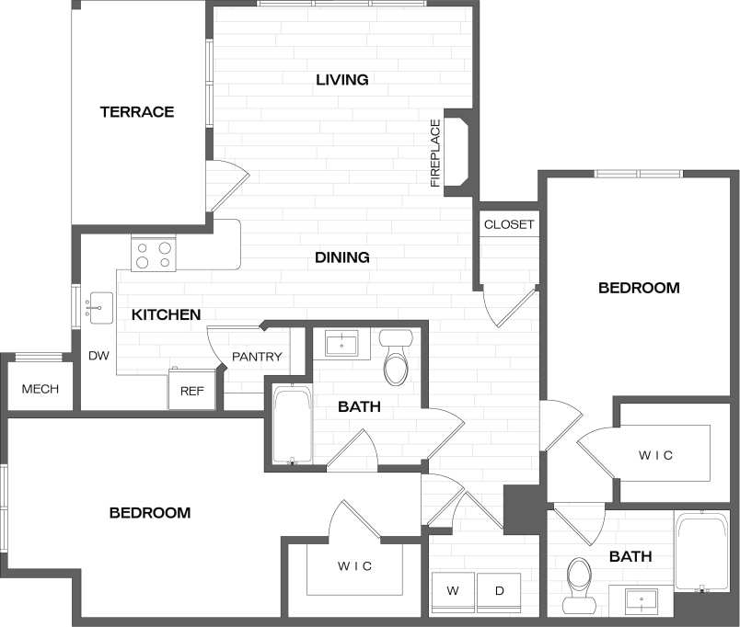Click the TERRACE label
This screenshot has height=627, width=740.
point(137,112)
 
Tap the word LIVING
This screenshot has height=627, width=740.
point(342,80)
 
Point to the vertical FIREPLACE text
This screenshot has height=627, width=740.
point(436,153)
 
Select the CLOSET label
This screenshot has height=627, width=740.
point(509,224)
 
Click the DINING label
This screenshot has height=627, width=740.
point(342,257)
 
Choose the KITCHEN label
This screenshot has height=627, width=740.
point(166,314)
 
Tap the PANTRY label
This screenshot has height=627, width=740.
point(256,357)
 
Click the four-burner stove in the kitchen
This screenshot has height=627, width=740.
point(154,253)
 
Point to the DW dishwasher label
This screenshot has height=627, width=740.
point(98,356)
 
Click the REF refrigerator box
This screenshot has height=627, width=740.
point(191,391)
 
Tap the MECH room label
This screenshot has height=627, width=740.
point(40,389)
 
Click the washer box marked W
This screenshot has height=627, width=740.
point(453,591)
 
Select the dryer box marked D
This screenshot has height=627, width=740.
point(499,591)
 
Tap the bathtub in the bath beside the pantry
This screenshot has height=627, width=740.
point(293,426)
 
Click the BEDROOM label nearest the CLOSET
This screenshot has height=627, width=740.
point(639,288)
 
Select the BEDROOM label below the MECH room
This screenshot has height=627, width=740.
point(150,512)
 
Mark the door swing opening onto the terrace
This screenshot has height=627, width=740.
point(225,187)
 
